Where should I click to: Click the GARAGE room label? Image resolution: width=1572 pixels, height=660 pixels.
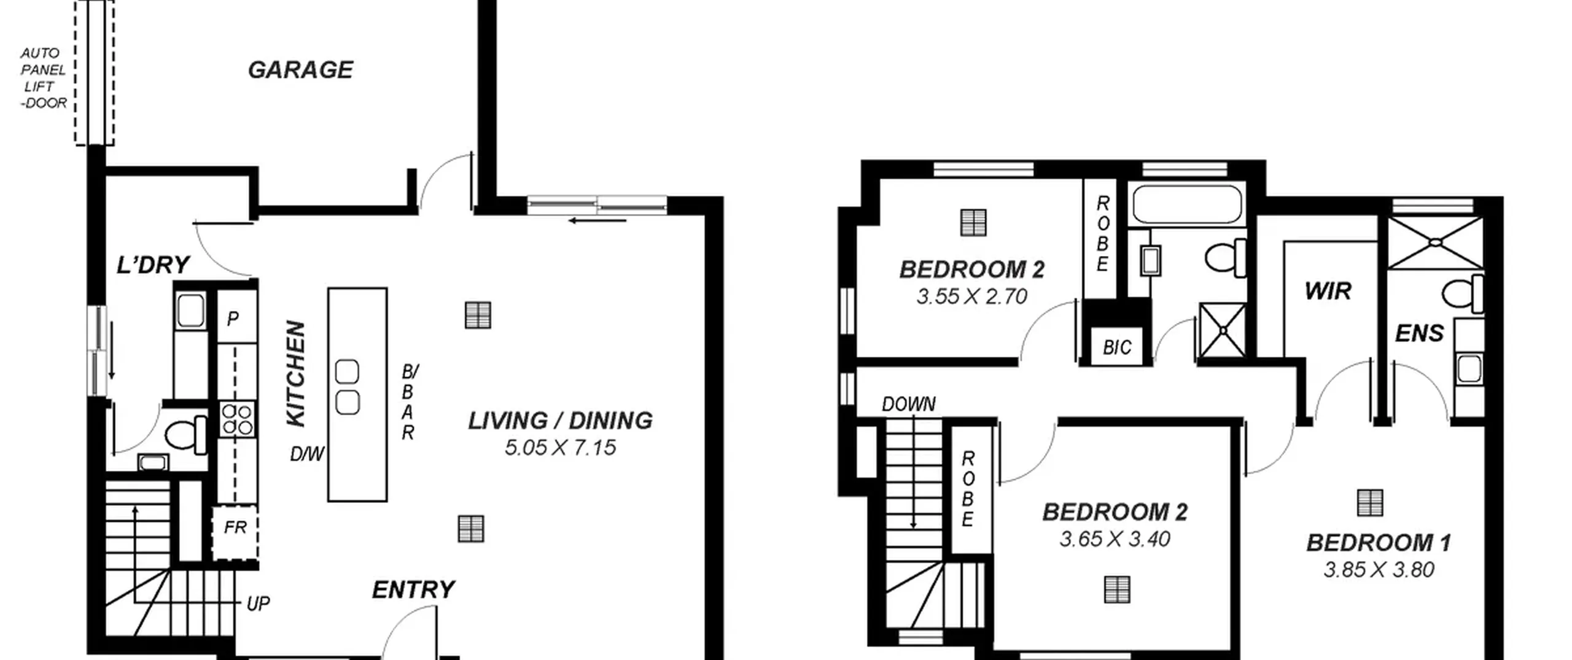[300, 70]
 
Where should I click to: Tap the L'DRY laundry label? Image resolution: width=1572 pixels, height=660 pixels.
[153, 265]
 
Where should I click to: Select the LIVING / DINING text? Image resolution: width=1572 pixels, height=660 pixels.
[560, 421]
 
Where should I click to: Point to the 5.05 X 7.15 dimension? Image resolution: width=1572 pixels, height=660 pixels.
[560, 448]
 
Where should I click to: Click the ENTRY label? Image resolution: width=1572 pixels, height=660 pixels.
[413, 590]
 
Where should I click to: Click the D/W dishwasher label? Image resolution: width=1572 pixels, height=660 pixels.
[307, 454]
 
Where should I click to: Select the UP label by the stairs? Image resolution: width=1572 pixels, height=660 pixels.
[258, 604]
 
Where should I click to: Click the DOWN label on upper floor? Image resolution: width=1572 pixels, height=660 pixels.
[909, 404]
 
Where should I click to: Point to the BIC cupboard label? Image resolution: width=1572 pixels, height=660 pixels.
[1116, 347]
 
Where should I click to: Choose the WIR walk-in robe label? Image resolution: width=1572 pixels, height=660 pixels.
[1328, 291]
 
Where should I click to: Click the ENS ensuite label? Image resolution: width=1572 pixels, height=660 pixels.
[1419, 333]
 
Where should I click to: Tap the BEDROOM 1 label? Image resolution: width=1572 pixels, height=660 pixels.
[1379, 543]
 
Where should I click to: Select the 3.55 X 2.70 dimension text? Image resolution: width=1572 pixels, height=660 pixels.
[971, 297]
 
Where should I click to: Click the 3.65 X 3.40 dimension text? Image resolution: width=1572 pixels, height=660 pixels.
[1115, 539]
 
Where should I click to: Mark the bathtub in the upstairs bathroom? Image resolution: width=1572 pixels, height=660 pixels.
[1187, 204]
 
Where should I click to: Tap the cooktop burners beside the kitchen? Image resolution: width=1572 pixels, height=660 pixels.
[237, 419]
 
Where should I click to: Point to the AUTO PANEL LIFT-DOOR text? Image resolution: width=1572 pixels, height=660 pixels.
[43, 78]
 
